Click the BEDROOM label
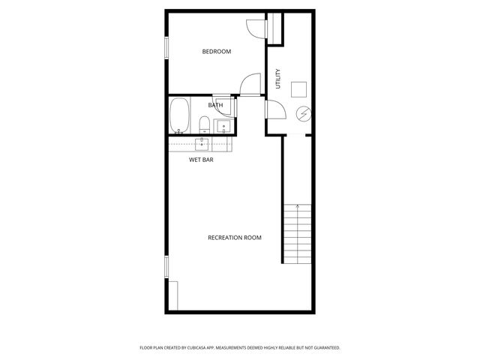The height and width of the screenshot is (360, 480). pyautogui.click(x=217, y=52)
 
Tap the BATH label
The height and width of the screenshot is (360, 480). pyautogui.click(x=215, y=105)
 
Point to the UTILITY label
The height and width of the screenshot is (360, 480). pyautogui.click(x=278, y=79)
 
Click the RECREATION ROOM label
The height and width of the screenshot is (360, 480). pyautogui.click(x=234, y=238)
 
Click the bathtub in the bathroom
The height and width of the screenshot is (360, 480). pyautogui.click(x=179, y=115)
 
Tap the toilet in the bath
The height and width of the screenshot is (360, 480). pyautogui.click(x=204, y=125)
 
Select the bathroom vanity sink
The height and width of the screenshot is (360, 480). pyautogui.click(x=223, y=125)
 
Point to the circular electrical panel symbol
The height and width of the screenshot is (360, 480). pyautogui.click(x=304, y=114)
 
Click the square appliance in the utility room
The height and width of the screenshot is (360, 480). pyautogui.click(x=300, y=88)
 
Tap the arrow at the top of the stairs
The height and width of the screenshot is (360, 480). pyautogui.click(x=298, y=206)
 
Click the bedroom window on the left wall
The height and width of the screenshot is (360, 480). pyautogui.click(x=166, y=47)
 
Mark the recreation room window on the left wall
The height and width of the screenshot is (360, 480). pyautogui.click(x=166, y=266)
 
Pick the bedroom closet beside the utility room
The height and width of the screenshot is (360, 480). pyautogui.click(x=275, y=28)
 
